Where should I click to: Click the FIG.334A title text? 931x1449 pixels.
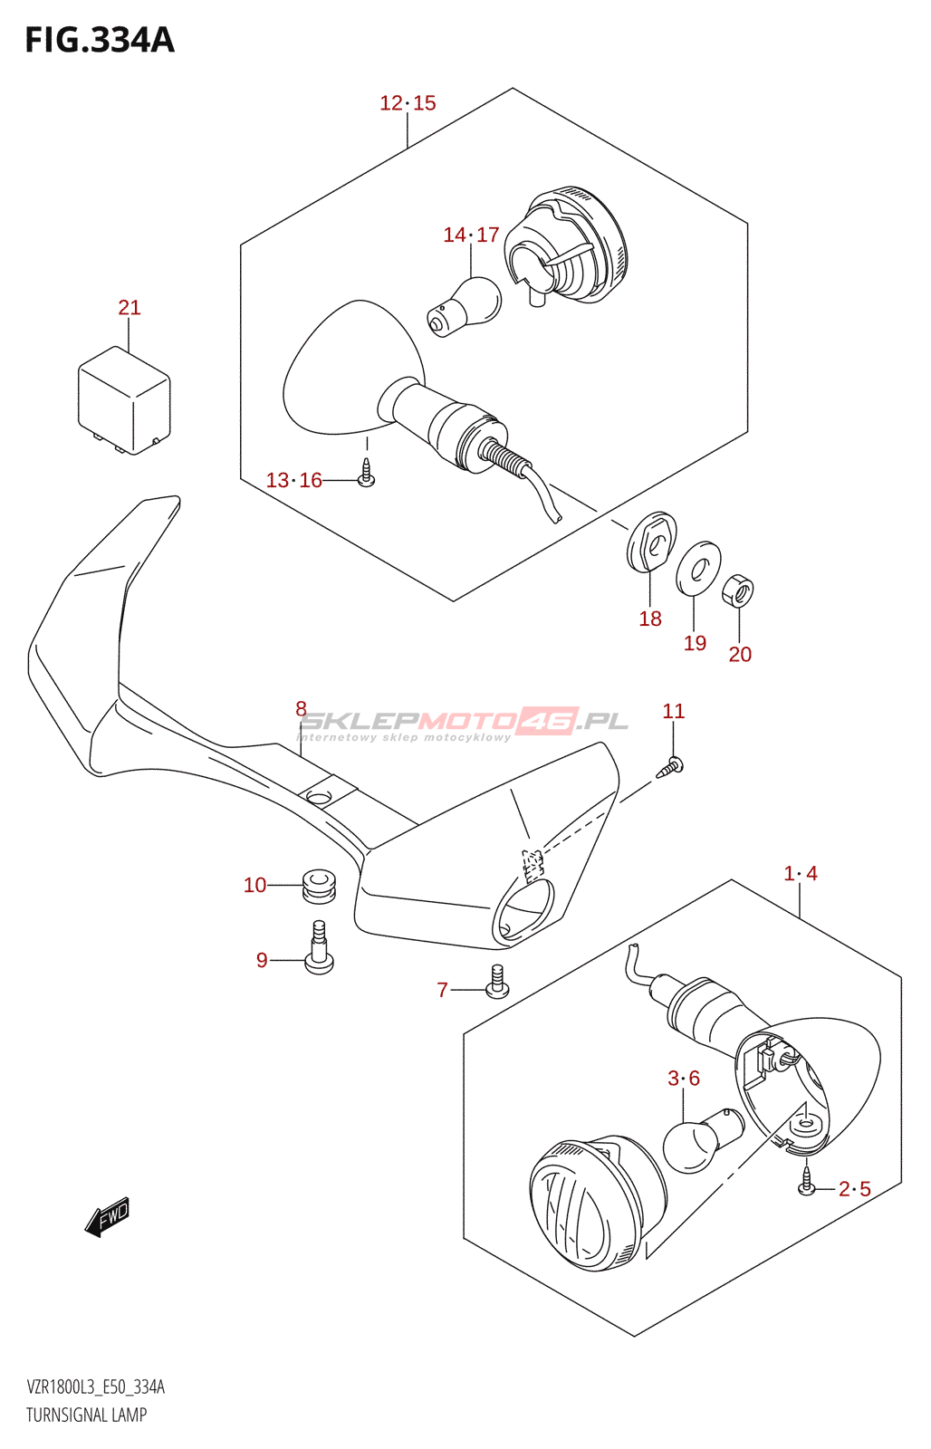pos(100,41)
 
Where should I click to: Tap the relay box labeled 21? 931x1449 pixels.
pos(124,399)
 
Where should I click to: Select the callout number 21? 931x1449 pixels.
pos(130,308)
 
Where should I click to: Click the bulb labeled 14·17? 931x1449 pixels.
pos(466,305)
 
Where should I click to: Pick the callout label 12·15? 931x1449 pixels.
pos(408,103)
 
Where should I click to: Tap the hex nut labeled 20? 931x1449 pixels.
pos(738,592)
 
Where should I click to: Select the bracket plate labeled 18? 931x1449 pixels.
pos(652,542)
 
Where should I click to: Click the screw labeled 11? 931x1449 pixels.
pos(670,766)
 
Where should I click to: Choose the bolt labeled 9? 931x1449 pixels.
pos(319,949)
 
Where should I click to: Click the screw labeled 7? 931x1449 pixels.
pos(497,982)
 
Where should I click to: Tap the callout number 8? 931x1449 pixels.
pos(301,709)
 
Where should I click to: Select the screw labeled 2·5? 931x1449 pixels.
pos(807,1182)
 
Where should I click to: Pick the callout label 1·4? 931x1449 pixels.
pos(801,874)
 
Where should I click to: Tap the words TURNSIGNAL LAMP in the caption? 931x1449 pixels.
pos(86,1415)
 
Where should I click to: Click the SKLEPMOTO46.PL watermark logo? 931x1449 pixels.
pos(463,722)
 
